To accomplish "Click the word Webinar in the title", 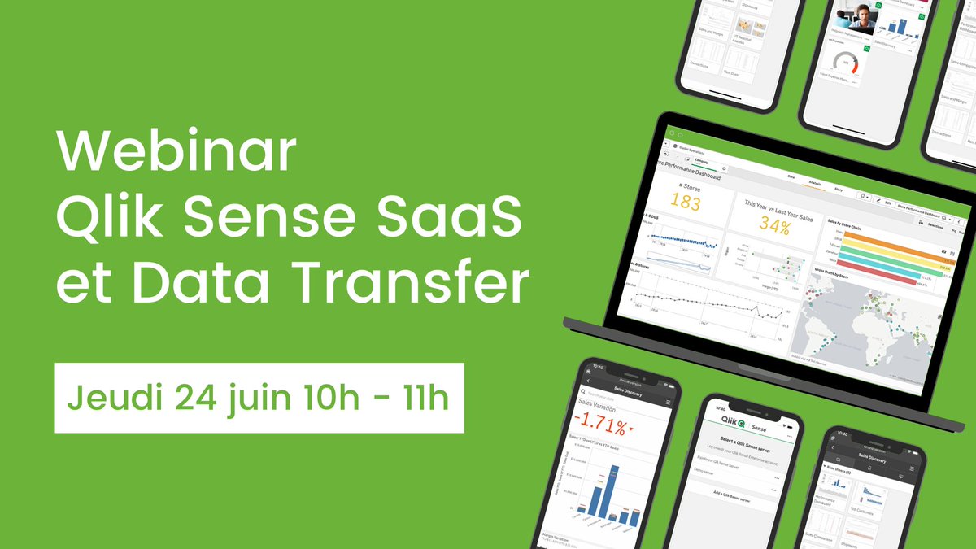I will [176, 152].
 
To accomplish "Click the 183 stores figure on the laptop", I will [686, 203].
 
